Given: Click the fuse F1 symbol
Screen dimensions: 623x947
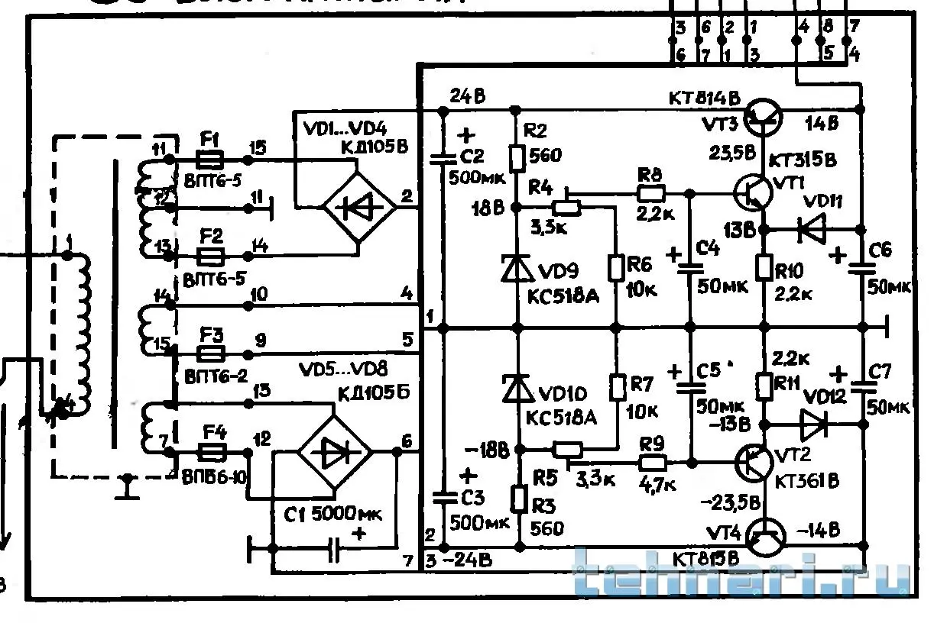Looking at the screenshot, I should click(209, 160).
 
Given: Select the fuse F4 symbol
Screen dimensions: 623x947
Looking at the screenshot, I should click(209, 453).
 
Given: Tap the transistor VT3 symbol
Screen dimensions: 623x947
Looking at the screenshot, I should click(764, 114).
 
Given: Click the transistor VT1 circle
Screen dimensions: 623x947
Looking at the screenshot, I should click(753, 192).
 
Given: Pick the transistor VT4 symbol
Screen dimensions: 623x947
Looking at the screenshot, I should click(764, 537).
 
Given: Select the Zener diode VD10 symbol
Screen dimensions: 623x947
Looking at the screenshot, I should click(517, 389).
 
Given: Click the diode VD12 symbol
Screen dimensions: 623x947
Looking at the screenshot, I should click(812, 423).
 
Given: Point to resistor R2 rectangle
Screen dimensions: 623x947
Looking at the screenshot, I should click(517, 158).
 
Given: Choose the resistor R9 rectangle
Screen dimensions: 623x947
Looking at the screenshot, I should click(652, 462).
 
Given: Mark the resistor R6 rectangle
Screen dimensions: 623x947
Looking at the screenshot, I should click(616, 268).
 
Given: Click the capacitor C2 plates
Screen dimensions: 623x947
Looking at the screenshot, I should click(442, 160).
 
